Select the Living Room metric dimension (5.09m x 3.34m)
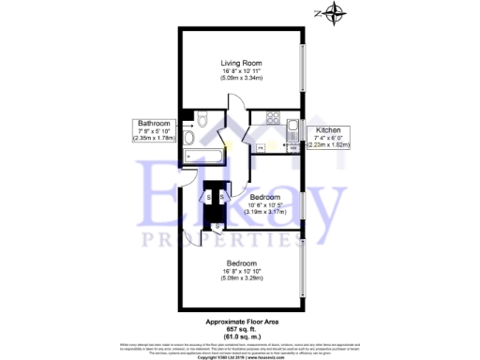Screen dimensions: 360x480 coord(241,80)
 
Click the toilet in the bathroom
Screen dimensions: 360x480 coord(189,118)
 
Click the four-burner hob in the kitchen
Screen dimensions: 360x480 coord(275,118)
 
